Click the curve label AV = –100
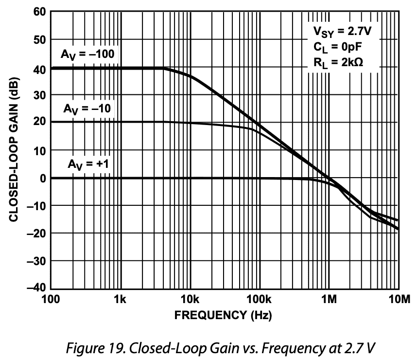click(87, 54)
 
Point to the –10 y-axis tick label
click(36, 206)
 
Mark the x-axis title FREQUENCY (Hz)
click(223, 315)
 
